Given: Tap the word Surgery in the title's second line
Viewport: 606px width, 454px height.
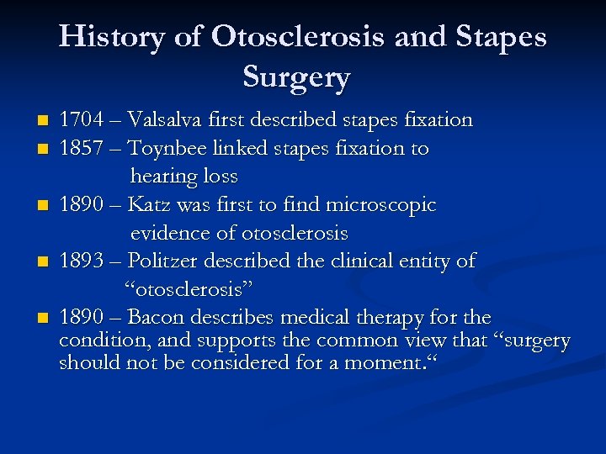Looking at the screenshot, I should (296, 77).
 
